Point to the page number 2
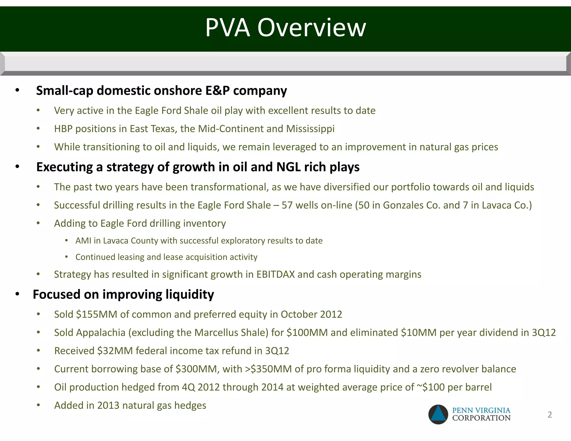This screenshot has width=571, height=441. [550, 415]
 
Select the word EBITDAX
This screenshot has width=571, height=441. [275, 275]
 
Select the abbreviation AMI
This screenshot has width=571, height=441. [83, 241]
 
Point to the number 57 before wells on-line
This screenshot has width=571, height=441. [287, 205]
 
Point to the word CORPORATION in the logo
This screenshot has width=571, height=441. [481, 418]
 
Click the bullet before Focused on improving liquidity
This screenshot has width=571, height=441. [17, 294]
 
